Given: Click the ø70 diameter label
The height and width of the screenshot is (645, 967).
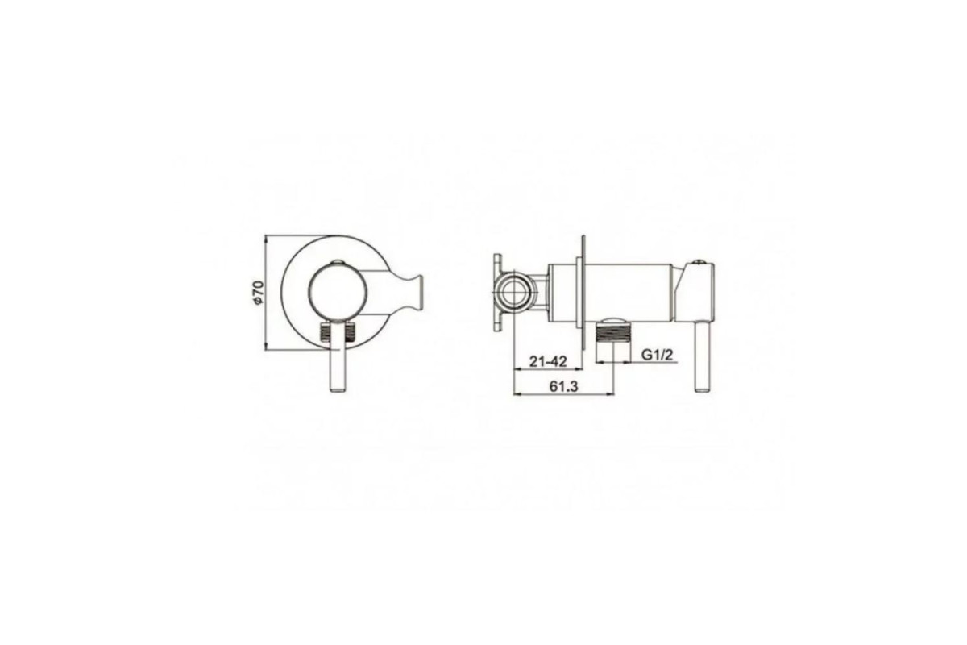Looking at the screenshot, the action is pos(257,293).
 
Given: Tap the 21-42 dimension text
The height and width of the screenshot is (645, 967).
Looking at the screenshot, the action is pos(548,361).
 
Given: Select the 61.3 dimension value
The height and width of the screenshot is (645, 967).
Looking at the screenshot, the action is pos(563,386).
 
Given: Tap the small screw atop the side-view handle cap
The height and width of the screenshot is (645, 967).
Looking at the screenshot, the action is pos(699,261).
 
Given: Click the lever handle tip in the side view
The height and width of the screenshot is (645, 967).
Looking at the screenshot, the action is pos(703,388).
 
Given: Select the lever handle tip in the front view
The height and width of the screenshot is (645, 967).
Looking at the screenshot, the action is pos(338,388).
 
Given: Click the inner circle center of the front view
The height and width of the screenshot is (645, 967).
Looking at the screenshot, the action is pos(338,293).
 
